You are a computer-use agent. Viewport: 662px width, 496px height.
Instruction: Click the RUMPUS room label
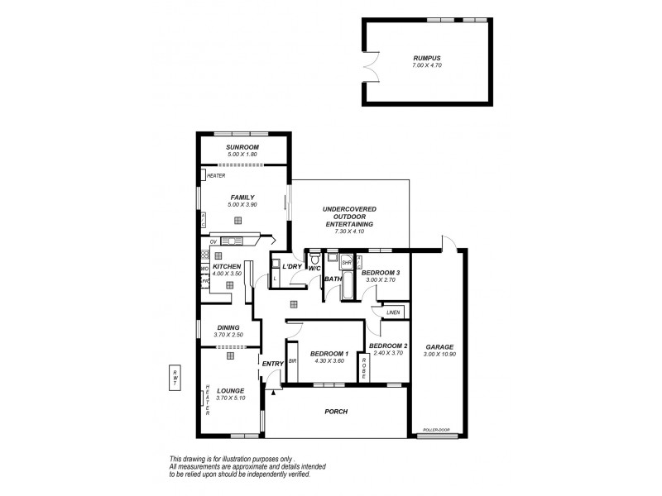coord(427,58)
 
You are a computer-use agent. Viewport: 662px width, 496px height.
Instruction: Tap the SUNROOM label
coord(242,147)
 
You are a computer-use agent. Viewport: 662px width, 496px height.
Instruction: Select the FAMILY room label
coord(242,198)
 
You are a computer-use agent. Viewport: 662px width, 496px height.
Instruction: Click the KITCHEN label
coord(227,266)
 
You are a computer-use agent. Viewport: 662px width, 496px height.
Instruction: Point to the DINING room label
coord(228,327)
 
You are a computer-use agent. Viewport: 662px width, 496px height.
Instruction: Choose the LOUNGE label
coord(231,390)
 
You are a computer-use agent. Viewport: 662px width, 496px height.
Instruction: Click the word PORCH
coord(337,412)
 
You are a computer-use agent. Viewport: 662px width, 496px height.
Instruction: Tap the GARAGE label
coord(439,347)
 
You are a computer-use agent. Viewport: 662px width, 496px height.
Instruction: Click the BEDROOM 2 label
coord(389,346)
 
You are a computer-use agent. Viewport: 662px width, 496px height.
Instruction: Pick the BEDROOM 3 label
coord(381,273)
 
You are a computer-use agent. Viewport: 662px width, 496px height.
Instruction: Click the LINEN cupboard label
coord(392,312)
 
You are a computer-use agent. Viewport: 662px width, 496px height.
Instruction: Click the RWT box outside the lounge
coord(174,376)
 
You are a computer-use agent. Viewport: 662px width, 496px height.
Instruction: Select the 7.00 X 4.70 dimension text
coord(427,65)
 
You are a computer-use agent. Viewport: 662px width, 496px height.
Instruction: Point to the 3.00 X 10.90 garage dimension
coord(439,355)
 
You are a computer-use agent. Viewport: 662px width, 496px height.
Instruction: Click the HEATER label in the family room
coord(216,175)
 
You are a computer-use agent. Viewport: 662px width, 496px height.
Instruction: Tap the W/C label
coord(314,268)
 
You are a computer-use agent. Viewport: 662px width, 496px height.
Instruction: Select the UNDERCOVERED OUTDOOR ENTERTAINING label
coord(348,217)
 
